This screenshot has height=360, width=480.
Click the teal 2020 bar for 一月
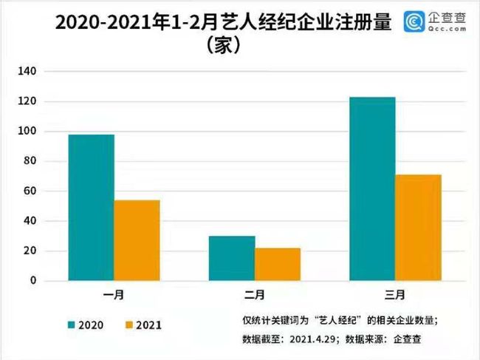pyautogui.click(x=92, y=208)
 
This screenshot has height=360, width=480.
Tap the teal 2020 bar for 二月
pyautogui.click(x=233, y=258)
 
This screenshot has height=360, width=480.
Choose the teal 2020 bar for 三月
pyautogui.click(x=373, y=189)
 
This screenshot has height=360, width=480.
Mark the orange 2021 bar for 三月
pyautogui.click(x=418, y=228)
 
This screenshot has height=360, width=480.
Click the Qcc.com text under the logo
pyautogui.click(x=445, y=31)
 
